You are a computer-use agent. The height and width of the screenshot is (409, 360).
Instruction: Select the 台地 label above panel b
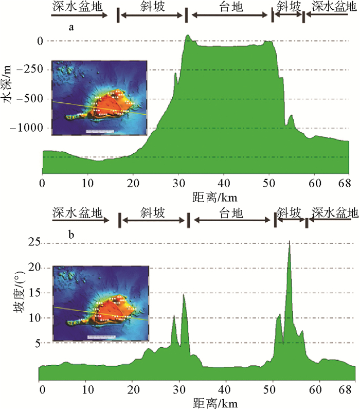[x=230, y=212]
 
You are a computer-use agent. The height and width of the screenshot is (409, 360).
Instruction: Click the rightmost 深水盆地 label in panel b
[x=333, y=212]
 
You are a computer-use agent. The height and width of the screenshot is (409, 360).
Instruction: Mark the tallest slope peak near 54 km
[x=290, y=242]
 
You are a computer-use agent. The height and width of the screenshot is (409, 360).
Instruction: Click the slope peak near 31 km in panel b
[x=184, y=294]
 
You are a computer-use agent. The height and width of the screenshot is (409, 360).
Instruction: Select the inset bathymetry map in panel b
[x=101, y=303]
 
